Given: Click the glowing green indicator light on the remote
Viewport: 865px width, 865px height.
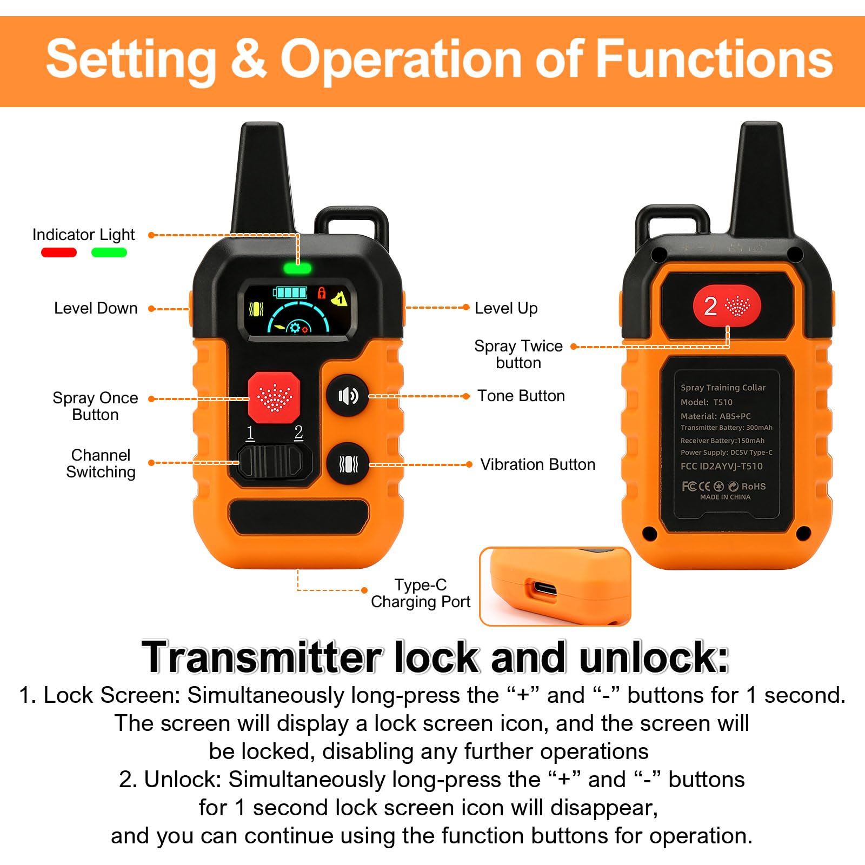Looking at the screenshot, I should click(297, 268).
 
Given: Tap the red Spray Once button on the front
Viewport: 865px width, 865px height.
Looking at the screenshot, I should click(274, 397).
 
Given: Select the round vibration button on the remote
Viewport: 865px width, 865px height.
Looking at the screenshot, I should click(348, 464).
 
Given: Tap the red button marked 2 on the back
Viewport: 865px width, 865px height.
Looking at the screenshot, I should click(727, 305).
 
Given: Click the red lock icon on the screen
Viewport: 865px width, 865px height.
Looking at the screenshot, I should click(322, 293).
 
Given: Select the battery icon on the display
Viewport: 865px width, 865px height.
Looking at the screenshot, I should click(290, 292).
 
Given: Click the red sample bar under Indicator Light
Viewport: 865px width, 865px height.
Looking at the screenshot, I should click(59, 252).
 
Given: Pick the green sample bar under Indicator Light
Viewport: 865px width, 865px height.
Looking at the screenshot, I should click(109, 252).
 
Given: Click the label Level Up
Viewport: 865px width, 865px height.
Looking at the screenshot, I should click(506, 308).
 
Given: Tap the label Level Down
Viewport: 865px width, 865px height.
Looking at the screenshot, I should click(96, 308).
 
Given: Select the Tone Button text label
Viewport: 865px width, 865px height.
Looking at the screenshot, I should click(521, 396).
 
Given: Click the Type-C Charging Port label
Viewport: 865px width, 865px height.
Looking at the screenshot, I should click(421, 593).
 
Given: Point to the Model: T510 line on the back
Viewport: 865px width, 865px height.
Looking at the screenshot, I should click(706, 402).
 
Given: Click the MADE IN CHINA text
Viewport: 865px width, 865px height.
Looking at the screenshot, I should click(725, 497).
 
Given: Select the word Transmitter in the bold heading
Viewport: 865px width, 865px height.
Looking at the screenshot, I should click(262, 657).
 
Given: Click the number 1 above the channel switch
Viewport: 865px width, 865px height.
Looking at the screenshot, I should click(250, 432).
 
